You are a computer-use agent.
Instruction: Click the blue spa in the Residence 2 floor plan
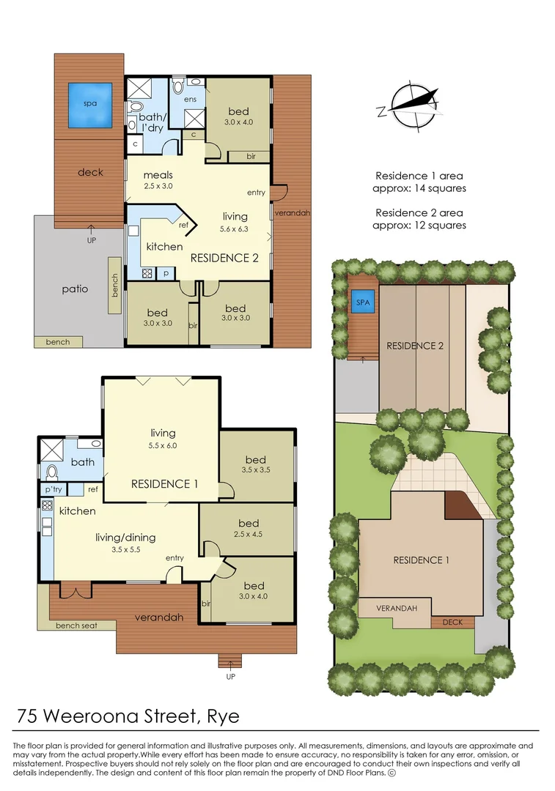pyautogui.click(x=90, y=104)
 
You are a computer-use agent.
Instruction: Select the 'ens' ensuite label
pyautogui.click(x=191, y=99)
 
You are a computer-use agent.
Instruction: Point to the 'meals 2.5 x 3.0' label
pyautogui.click(x=158, y=180)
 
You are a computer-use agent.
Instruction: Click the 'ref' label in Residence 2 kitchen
pyautogui.click(x=183, y=225)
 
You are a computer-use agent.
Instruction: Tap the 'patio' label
pyautogui.click(x=75, y=289)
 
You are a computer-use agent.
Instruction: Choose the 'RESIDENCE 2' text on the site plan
pyautogui.click(x=415, y=346)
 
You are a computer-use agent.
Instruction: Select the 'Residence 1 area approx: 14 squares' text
pyautogui.click(x=419, y=182)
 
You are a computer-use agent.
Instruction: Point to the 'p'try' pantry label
pyautogui.click(x=53, y=489)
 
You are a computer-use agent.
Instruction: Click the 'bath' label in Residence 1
pyautogui.click(x=83, y=462)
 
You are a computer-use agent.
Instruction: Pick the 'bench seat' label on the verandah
pyautogui.click(x=76, y=625)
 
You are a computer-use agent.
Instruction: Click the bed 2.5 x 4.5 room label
pyautogui.click(x=249, y=528)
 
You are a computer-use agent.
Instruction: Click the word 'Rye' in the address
pyautogui.click(x=219, y=716)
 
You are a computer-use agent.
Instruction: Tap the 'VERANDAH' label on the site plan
pyautogui.click(x=397, y=609)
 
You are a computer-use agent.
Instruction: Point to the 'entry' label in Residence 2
pyautogui.click(x=257, y=193)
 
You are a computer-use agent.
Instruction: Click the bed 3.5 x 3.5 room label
pyautogui.click(x=257, y=464)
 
